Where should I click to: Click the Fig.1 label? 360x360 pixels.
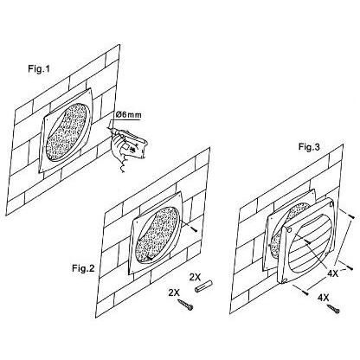(x=39, y=69)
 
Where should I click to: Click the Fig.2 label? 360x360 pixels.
(x=83, y=268)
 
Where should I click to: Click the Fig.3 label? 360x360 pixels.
(x=309, y=147)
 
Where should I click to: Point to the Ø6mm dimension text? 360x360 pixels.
(x=129, y=115)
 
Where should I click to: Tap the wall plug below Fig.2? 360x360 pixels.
(x=203, y=286)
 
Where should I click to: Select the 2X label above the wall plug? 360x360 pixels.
(x=195, y=278)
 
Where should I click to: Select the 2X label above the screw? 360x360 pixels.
(x=174, y=293)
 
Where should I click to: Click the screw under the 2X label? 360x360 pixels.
(x=185, y=305)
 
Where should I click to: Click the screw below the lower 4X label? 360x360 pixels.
(x=334, y=308)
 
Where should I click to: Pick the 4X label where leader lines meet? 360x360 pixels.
(x=332, y=273)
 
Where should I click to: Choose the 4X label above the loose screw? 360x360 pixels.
(x=323, y=298)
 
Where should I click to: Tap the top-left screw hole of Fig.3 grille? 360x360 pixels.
(x=290, y=229)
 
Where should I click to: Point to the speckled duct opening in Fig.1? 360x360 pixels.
(x=67, y=132)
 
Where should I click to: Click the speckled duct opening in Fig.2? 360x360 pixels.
(x=157, y=235)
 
